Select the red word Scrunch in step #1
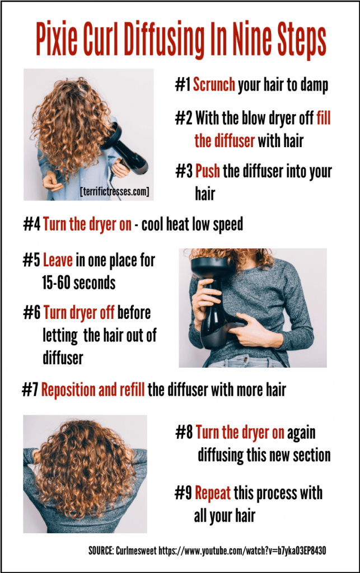click(x=214, y=86)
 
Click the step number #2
click(x=183, y=119)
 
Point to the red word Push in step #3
click(x=208, y=172)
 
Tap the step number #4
click(x=31, y=224)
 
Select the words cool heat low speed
click(x=192, y=224)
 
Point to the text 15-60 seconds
click(x=78, y=283)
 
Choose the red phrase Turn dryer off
click(x=79, y=312)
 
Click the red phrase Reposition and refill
click(x=93, y=390)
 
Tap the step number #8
click(x=184, y=433)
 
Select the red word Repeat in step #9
click(x=213, y=494)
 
